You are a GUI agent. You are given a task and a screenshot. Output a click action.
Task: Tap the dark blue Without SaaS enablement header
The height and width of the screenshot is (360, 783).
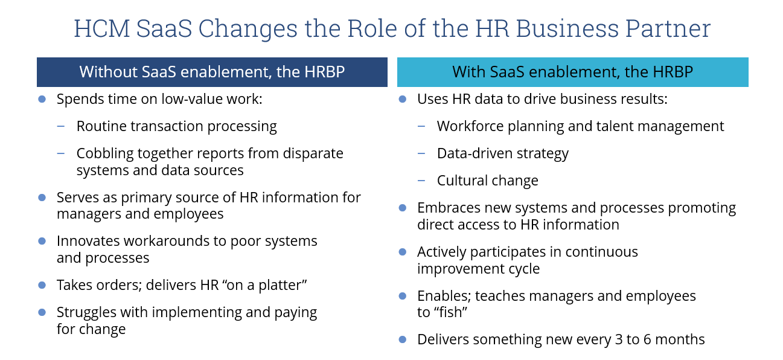click(x=212, y=72)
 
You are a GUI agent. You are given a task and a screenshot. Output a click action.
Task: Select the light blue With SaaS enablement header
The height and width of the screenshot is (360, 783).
click(x=572, y=72)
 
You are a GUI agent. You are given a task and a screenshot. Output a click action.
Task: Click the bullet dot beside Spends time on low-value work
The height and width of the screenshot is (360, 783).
click(x=42, y=99)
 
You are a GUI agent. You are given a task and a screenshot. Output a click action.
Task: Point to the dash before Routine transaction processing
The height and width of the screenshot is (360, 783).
click(x=61, y=126)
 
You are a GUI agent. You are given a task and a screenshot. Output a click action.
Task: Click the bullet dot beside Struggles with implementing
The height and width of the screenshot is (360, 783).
click(x=42, y=312)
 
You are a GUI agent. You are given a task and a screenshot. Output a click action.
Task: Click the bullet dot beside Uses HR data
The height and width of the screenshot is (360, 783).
click(x=403, y=99)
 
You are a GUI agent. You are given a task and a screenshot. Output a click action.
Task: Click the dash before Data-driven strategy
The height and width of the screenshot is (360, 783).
click(x=421, y=153)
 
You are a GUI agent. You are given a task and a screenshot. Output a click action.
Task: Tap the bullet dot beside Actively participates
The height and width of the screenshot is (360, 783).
click(x=403, y=252)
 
